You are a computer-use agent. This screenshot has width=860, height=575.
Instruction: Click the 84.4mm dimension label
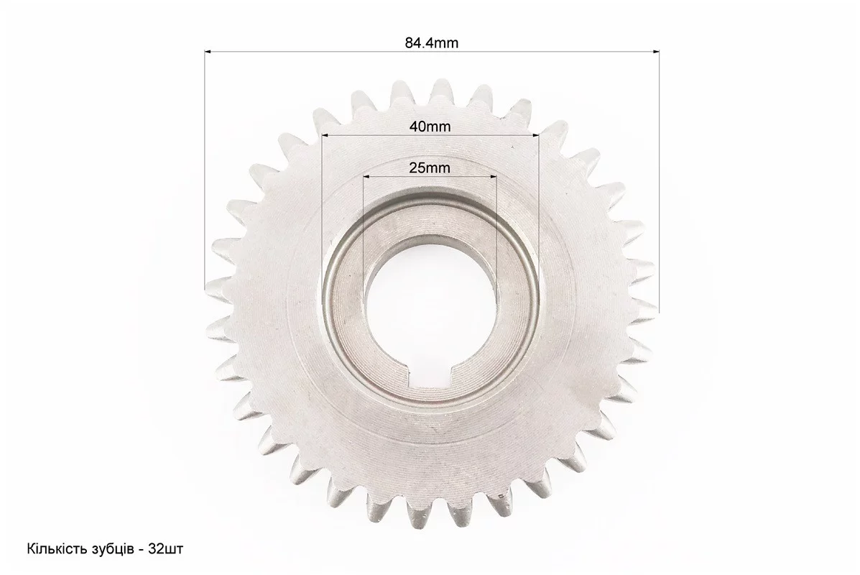tap(432, 42)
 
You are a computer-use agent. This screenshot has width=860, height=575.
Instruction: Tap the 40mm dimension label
tap(430, 126)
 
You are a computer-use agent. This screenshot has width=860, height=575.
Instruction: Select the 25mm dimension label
tap(430, 167)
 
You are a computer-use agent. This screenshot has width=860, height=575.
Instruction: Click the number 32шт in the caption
tap(166, 548)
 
